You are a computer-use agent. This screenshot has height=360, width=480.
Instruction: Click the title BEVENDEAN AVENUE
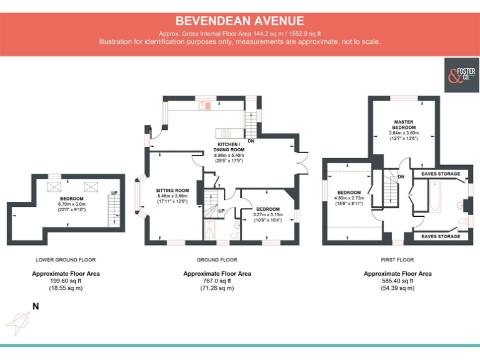point(239,21)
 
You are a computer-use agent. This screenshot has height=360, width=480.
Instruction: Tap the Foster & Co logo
point(461,76)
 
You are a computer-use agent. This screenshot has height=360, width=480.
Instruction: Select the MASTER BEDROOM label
point(404,124)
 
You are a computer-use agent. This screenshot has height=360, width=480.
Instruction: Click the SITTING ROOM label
point(172,190)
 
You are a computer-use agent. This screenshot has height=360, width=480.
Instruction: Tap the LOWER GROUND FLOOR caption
point(66,259)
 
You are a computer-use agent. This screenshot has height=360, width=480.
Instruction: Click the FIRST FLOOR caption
point(397,259)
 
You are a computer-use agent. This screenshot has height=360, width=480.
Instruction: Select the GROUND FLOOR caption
point(217,259)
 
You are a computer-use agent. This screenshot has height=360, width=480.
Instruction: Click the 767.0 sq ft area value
point(217,281)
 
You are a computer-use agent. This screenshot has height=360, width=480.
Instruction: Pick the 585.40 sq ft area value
point(397,281)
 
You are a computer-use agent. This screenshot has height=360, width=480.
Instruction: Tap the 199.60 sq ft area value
point(66,281)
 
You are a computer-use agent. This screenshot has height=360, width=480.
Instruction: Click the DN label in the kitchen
point(251,141)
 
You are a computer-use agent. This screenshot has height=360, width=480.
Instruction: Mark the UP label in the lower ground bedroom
point(114,193)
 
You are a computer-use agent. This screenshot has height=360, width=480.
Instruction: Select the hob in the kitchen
point(223,132)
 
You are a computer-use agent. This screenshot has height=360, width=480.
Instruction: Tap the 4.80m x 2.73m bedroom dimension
point(349,198)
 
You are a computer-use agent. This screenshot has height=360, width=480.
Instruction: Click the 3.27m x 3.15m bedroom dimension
point(267,214)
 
